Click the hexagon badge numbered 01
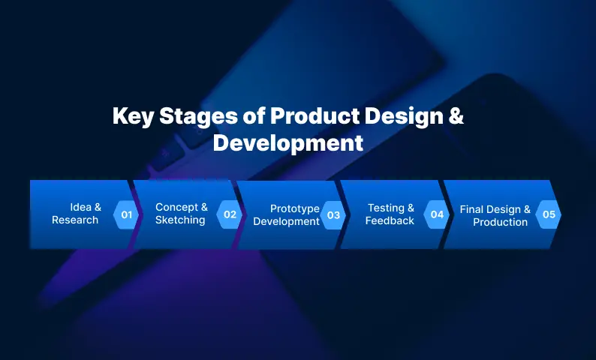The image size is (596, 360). click(x=126, y=214)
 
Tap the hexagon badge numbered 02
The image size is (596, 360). click(x=230, y=214)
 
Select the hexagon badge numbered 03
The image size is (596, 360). click(x=333, y=215)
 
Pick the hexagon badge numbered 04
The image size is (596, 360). click(x=437, y=214)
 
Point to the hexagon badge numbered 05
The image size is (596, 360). click(x=549, y=214)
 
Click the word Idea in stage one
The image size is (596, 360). click(x=81, y=207)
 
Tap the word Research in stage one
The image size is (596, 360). click(x=75, y=220)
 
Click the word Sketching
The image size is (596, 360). click(x=180, y=220)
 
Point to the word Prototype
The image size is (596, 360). click(x=295, y=208)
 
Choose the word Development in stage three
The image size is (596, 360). click(x=286, y=221)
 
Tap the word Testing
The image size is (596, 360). click(x=386, y=208)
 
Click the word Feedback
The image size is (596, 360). click(x=390, y=220)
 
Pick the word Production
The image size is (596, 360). click(x=500, y=222)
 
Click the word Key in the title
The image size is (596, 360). click(x=133, y=116)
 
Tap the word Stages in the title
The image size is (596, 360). click(x=198, y=117)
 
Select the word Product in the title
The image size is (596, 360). click(x=315, y=115)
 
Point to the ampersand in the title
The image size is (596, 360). click(x=456, y=115)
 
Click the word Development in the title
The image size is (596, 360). click(x=288, y=143)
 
